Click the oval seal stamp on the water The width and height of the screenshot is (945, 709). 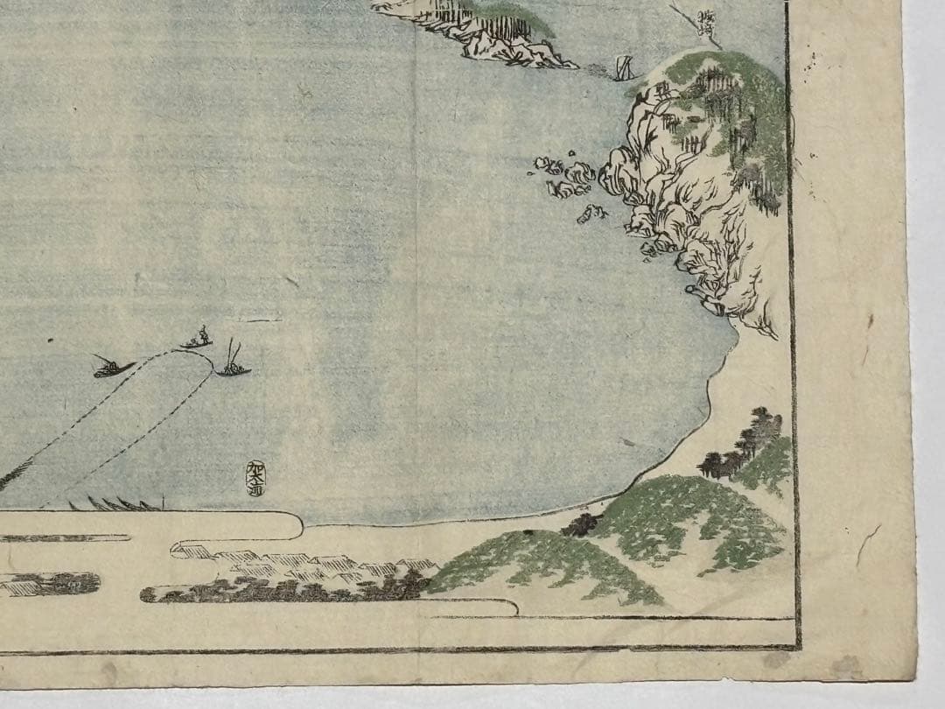[x=254, y=476]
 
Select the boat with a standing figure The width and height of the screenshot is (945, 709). [x=198, y=340]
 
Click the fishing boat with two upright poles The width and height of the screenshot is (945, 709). [x=233, y=368]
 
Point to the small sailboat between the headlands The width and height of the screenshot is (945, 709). [x=624, y=68]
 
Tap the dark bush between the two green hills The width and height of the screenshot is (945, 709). [x=582, y=523]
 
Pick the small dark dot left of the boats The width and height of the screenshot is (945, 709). [x=50, y=340]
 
